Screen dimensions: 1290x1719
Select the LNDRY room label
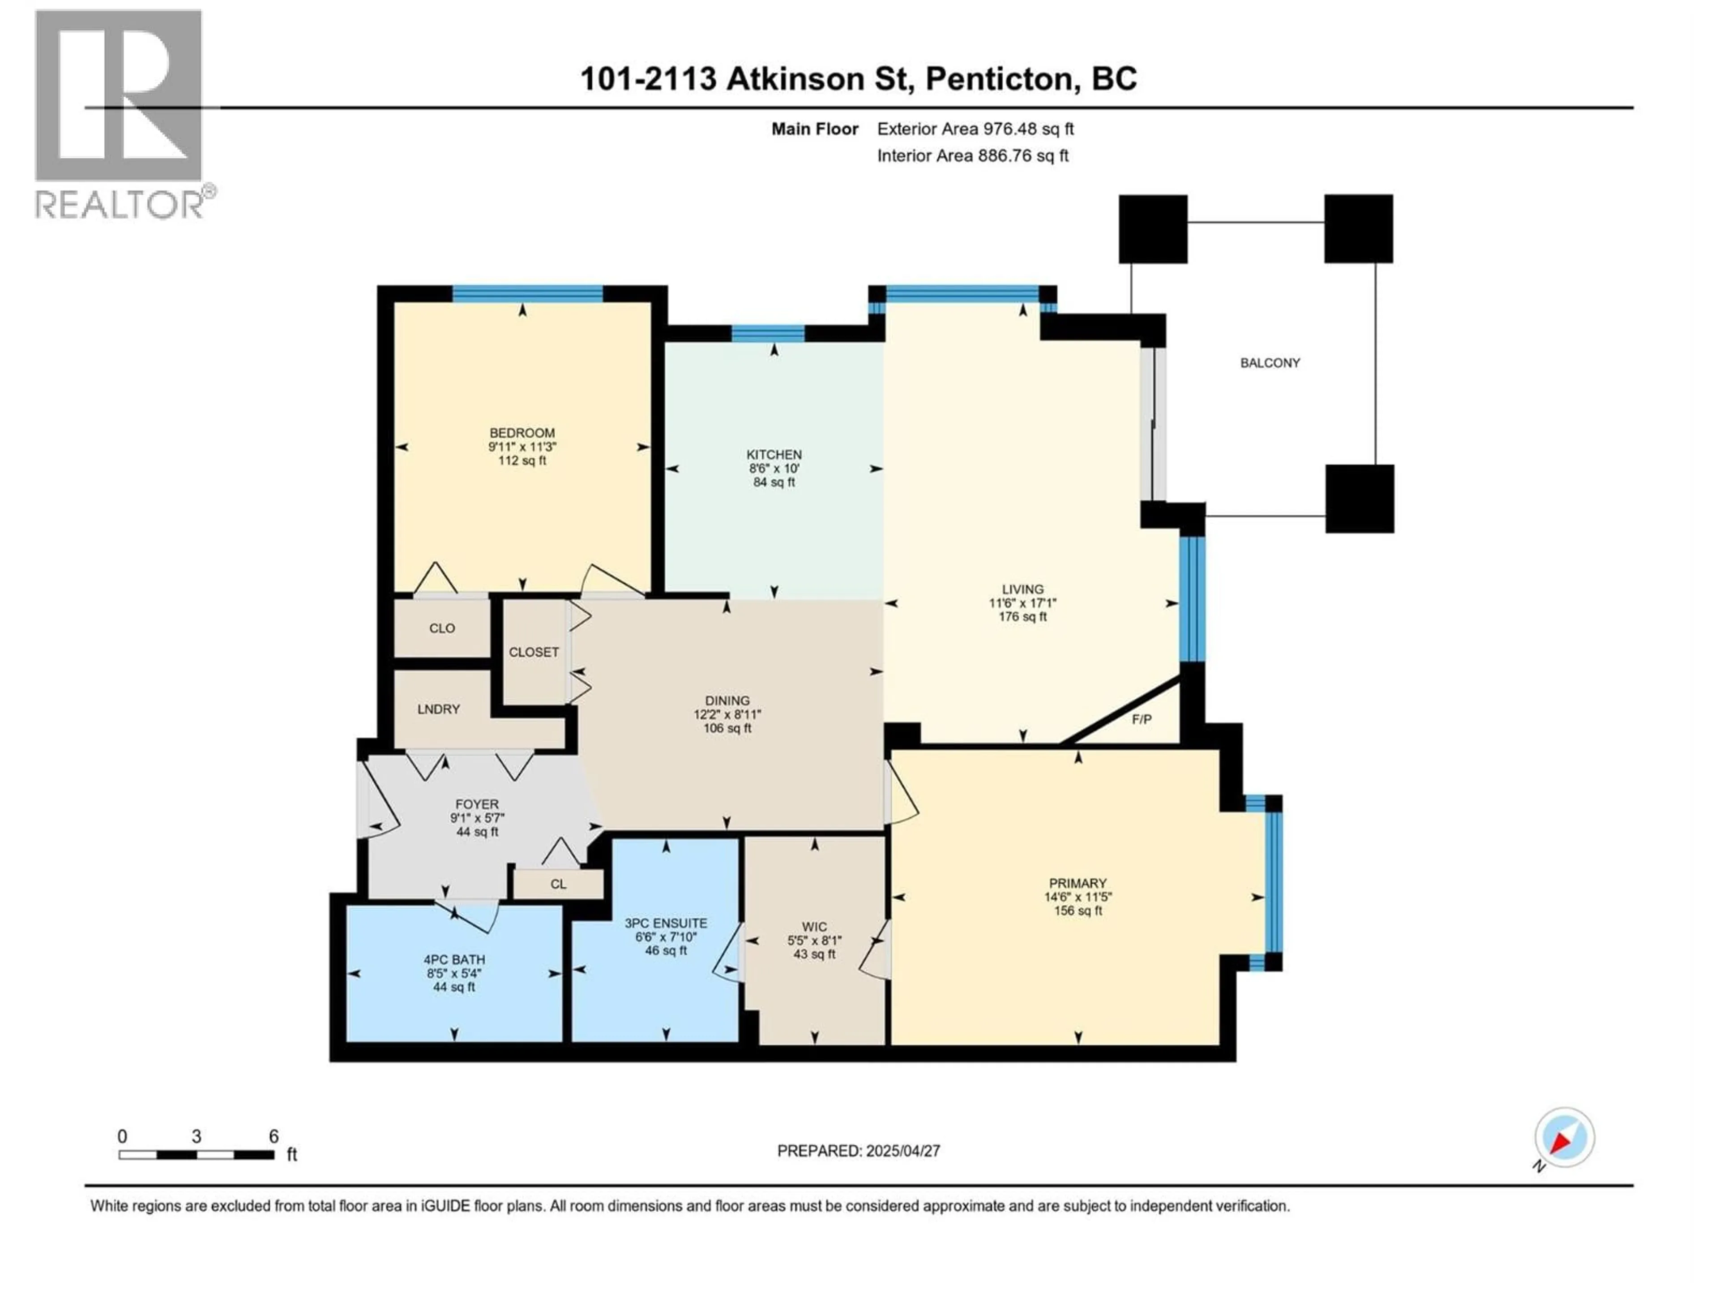tap(438, 709)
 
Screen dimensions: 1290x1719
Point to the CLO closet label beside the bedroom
tap(442, 628)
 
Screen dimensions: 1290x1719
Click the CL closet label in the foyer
tap(558, 884)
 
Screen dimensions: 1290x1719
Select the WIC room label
tap(814, 927)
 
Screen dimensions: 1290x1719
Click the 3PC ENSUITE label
tap(666, 923)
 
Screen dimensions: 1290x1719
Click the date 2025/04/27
tap(902, 1151)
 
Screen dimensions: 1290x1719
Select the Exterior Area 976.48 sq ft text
tap(975, 129)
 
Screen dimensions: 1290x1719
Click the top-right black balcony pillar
tap(1359, 228)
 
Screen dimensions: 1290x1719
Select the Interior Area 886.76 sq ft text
tap(972, 155)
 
